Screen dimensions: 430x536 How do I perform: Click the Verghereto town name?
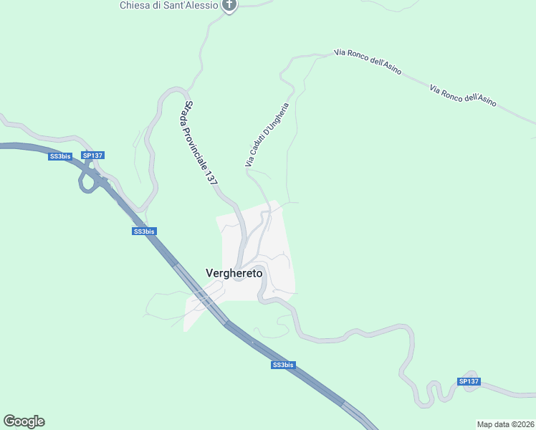[234, 273]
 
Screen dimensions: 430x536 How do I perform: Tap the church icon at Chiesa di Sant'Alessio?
[229, 6]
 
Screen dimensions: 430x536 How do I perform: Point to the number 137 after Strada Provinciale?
[211, 178]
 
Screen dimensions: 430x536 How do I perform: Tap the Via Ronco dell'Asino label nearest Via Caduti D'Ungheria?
[367, 63]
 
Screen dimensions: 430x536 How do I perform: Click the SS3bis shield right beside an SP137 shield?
[60, 156]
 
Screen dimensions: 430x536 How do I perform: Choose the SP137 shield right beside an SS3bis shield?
[93, 156]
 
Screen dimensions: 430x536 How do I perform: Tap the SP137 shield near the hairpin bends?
[469, 381]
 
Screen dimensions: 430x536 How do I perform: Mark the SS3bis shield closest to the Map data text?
[283, 365]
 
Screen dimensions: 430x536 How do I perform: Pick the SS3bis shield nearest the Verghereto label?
[144, 231]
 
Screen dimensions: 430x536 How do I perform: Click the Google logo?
[24, 421]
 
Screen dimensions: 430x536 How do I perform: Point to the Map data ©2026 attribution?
[505, 424]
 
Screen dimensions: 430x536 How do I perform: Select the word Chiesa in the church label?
[134, 5]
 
